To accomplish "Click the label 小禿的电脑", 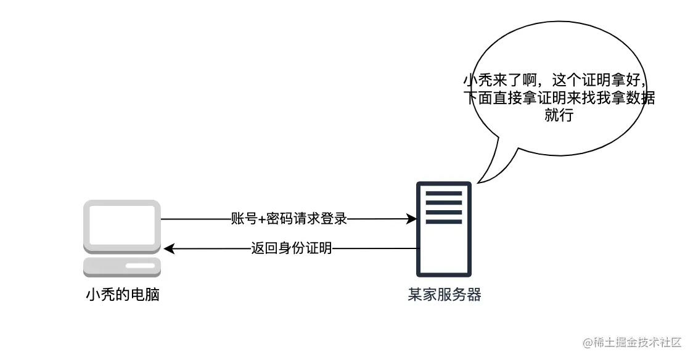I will coord(122,295).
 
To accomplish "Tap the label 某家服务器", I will coord(444,294).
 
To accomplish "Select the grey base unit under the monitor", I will coord(122,267).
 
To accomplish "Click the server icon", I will coord(443,229).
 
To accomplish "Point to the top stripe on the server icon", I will coord(443,194).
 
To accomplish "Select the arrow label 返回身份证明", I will coord(292,248).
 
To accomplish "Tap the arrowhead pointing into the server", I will coord(411,219).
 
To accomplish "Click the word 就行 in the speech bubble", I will coord(559,115).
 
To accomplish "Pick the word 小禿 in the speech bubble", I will coord(476,80).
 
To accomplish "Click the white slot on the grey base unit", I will coord(140,266).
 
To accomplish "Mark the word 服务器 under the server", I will coord(459,294).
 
